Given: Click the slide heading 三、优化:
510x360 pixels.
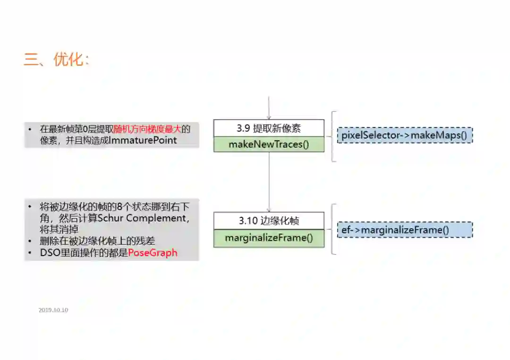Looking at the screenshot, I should coord(56,60).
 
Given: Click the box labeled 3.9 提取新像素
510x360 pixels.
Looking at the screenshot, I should coord(269,128).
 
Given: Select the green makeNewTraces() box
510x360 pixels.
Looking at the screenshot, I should coord(269,144).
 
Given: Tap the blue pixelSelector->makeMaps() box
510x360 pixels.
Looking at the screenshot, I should coord(404,136).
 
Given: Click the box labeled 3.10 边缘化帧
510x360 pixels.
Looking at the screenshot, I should coord(269,221).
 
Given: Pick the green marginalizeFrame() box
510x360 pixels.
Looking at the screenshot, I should coord(269,238).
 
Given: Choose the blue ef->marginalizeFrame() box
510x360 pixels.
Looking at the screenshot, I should coord(404,230).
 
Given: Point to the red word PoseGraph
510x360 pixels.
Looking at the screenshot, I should coord(153,253).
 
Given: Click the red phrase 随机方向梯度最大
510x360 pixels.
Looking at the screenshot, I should coord(147,129).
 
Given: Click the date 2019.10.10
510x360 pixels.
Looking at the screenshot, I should coord(53,310).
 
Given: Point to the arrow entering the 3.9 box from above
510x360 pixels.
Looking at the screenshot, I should coord(269,109).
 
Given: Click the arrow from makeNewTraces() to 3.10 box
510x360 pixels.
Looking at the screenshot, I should coord(269,182).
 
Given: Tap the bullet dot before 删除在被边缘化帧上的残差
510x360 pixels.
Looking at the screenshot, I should coord(30,241).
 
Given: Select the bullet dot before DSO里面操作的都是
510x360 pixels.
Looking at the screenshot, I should coord(30,253).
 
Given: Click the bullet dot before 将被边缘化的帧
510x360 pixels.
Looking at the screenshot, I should coord(30,207).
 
